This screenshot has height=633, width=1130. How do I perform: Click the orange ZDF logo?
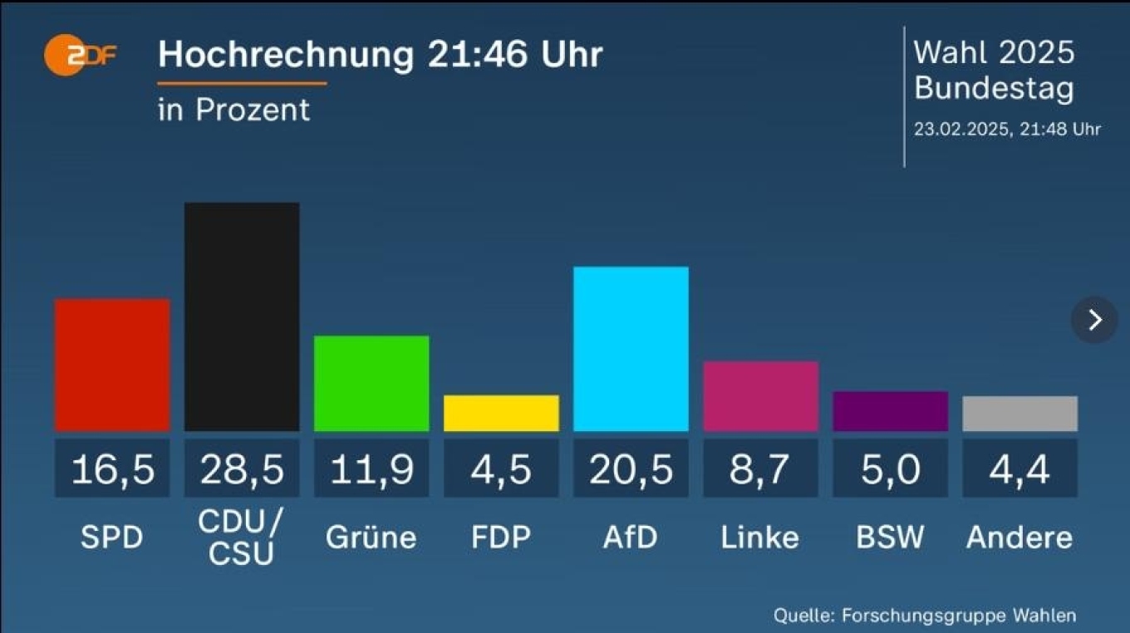(x=80, y=56)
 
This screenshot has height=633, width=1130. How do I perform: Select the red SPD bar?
(x=112, y=365)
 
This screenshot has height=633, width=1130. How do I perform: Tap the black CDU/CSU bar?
(x=242, y=316)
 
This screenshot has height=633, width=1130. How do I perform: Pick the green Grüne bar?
(x=371, y=383)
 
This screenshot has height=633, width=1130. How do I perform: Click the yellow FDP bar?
(x=501, y=413)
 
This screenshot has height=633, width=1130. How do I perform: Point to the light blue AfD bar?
(x=631, y=349)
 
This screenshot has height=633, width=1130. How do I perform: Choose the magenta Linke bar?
(x=760, y=396)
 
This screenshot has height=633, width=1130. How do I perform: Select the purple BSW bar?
(x=890, y=411)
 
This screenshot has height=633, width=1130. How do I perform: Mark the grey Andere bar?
(x=1019, y=414)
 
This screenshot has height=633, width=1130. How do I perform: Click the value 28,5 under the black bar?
(x=242, y=469)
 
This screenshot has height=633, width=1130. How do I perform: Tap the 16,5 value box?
(x=112, y=469)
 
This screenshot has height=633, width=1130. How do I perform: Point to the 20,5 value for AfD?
(x=631, y=469)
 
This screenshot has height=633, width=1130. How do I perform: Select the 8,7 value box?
(x=760, y=469)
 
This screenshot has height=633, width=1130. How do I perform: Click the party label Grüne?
(x=371, y=537)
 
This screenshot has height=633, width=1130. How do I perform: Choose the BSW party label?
(x=890, y=537)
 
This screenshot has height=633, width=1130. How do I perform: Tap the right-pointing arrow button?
(x=1094, y=320)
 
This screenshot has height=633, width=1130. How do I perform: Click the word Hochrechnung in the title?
(x=285, y=55)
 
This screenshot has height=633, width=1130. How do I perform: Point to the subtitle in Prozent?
(x=233, y=110)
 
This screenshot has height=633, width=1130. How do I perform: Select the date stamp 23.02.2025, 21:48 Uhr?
(x=1007, y=129)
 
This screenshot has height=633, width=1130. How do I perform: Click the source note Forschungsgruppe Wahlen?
(x=959, y=616)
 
